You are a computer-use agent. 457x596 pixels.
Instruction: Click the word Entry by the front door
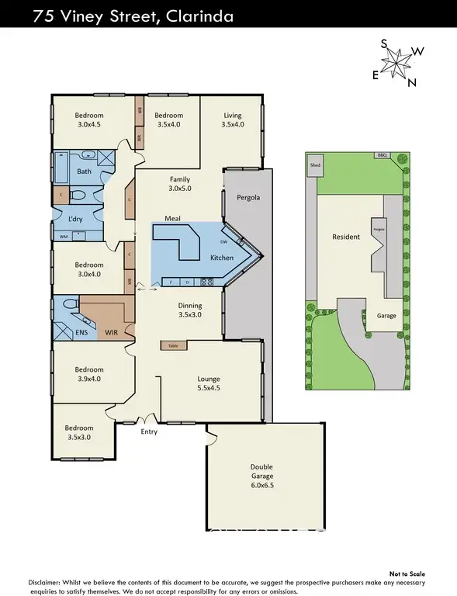pyautogui.click(x=149, y=431)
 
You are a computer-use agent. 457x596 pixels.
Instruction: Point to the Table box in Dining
pyautogui.click(x=171, y=345)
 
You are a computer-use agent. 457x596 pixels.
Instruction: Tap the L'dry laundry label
pyautogui.click(x=76, y=219)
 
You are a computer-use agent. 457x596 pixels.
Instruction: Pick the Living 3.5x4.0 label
pyautogui.click(x=233, y=119)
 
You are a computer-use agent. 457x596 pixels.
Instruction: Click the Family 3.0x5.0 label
pyautogui.click(x=181, y=183)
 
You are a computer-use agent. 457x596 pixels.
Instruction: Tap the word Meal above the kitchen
pyautogui.click(x=172, y=220)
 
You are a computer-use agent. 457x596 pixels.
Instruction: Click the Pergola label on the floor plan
pyautogui.click(x=248, y=198)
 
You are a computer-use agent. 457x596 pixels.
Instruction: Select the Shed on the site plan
pyautogui.click(x=315, y=165)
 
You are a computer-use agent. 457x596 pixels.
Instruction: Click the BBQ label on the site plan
pyautogui.click(x=381, y=155)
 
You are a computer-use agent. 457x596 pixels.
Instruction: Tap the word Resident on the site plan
pyautogui.click(x=346, y=237)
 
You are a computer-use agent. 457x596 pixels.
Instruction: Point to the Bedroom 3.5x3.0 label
pyautogui.click(x=79, y=432)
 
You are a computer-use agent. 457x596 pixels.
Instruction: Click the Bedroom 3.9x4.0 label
pyautogui.click(x=89, y=374)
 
